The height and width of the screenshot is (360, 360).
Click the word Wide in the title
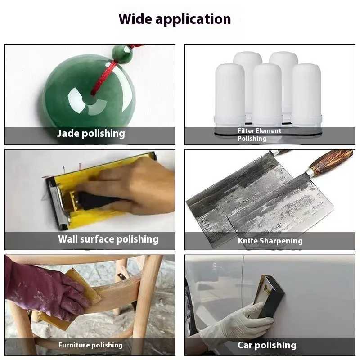[135, 18]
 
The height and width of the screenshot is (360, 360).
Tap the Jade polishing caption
[91, 134]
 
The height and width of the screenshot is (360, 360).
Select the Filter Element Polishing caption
[259, 135]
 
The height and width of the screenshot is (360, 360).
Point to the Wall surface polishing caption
[108, 239]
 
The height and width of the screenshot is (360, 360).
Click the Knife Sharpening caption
[270, 241]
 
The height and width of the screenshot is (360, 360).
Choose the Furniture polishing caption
[90, 345]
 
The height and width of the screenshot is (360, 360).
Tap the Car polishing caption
[267, 345]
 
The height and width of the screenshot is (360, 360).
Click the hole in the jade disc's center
[92, 100]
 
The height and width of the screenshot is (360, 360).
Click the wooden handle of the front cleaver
[331, 161]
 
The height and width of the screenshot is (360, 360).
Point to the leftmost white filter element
[229, 95]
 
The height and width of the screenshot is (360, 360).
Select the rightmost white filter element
[306, 95]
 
